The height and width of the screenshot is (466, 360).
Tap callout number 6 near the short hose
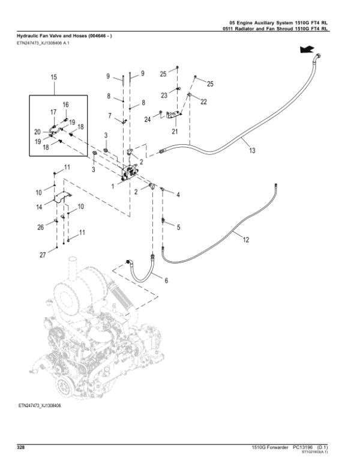166,280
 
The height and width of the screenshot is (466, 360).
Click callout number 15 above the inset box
53,78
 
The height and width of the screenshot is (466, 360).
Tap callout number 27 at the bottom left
43,255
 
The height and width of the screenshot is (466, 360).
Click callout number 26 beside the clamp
41,227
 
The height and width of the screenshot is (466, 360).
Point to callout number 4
178,195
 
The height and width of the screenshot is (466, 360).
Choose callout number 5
178,226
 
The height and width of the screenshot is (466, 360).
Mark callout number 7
110,115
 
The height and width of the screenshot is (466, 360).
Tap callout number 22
203,102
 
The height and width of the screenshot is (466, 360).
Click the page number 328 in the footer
20,447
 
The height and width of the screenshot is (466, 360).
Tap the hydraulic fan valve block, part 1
130,171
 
